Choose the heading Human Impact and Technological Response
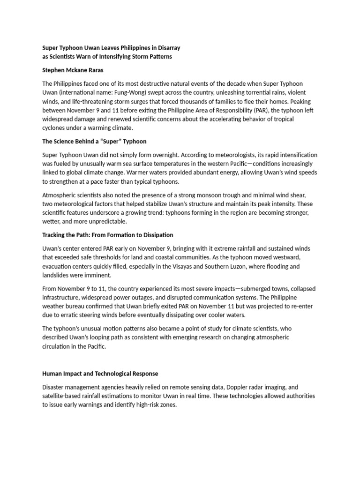pos(100,374)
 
